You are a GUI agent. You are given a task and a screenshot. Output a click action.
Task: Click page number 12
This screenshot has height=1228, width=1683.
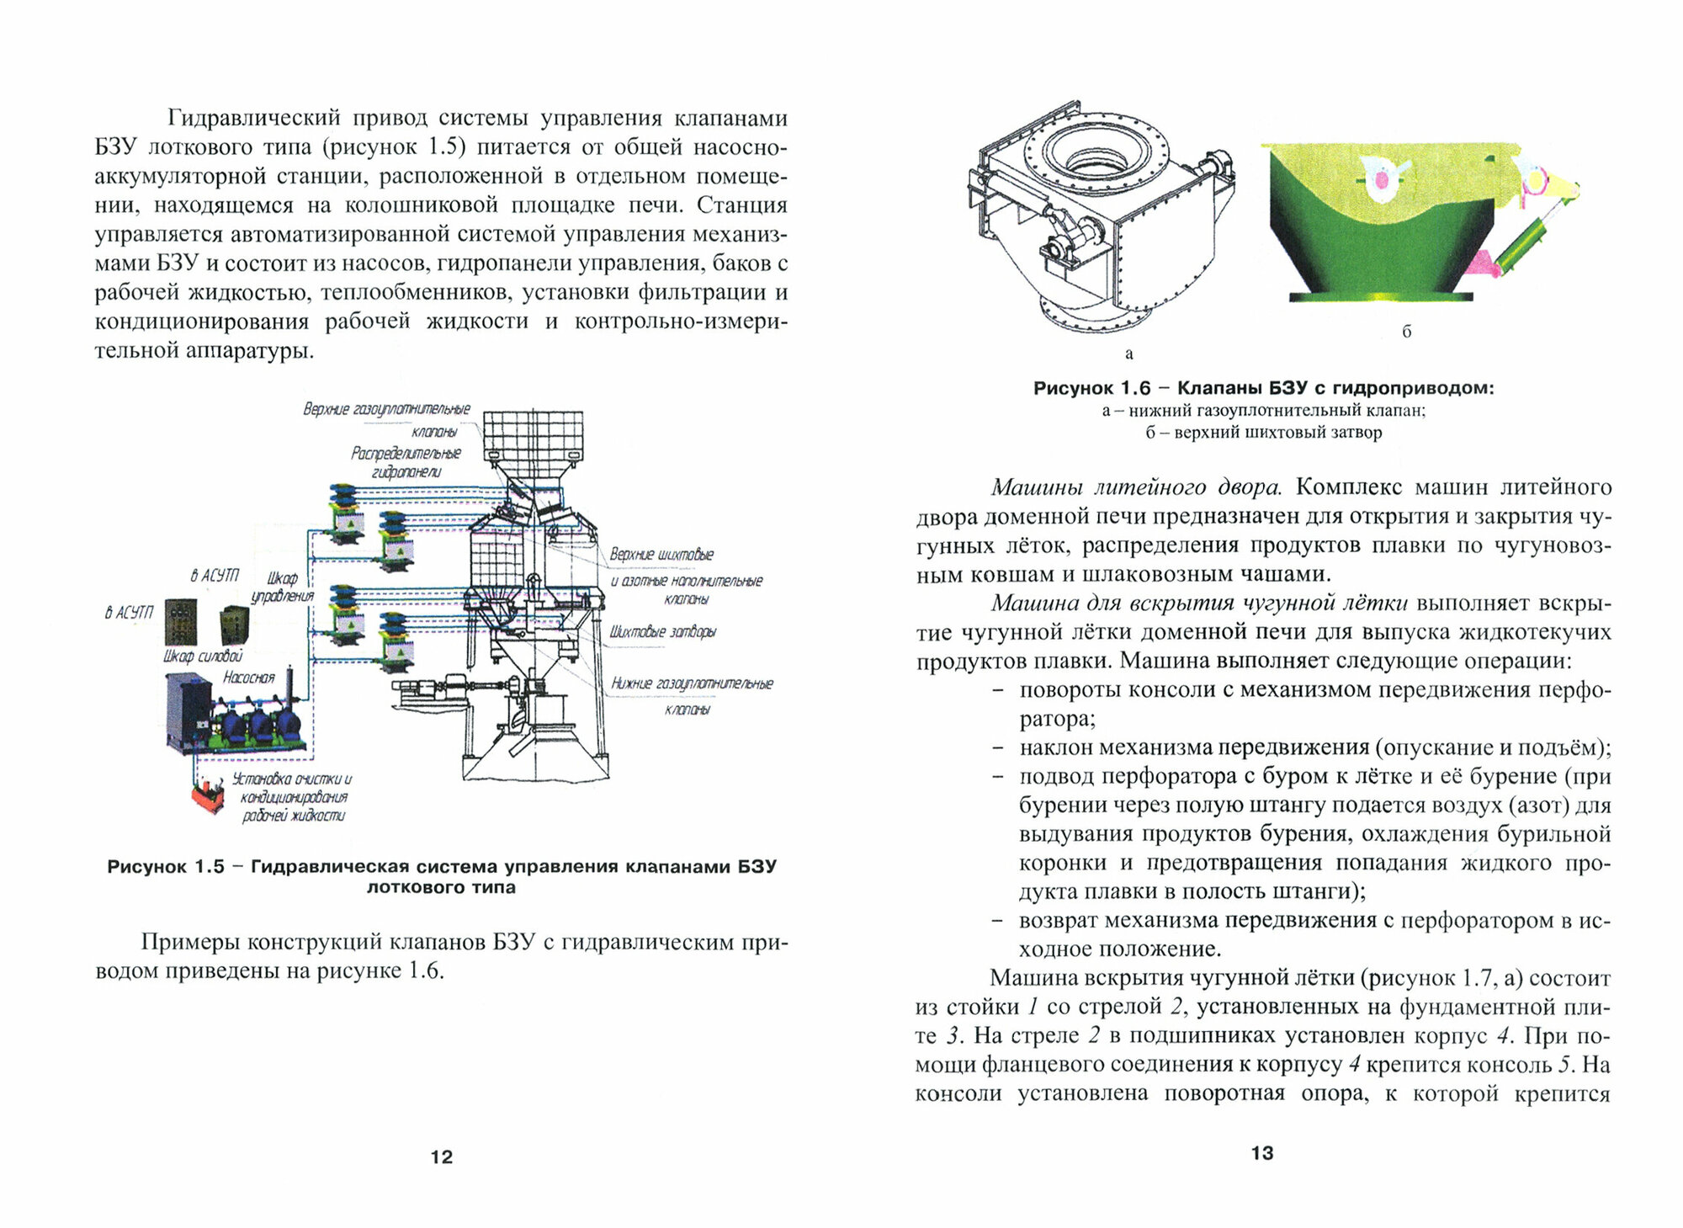point(441,1156)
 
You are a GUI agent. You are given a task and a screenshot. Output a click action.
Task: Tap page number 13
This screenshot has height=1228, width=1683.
point(1262,1153)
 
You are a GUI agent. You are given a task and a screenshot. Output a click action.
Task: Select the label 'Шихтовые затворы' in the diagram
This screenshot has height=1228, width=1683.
point(663,631)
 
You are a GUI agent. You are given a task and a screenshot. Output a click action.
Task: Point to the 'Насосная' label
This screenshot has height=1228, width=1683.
point(248,677)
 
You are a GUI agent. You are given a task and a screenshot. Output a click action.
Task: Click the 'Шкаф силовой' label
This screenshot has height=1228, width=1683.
point(202,657)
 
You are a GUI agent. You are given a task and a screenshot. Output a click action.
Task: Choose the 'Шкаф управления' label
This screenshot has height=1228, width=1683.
point(283,587)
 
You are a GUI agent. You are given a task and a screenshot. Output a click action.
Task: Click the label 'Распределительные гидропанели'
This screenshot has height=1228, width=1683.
point(406,462)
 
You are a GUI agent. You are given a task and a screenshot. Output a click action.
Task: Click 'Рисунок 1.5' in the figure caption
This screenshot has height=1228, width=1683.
point(166,867)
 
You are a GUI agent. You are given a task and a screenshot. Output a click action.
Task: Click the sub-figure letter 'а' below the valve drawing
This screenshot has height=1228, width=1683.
point(1129,354)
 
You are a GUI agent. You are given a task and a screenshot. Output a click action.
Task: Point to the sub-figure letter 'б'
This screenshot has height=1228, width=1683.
point(1407,332)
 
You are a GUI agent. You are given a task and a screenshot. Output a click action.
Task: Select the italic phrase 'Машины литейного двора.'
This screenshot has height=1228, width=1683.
point(1136,487)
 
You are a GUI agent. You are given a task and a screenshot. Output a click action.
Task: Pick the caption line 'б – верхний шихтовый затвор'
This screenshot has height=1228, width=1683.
point(1263,433)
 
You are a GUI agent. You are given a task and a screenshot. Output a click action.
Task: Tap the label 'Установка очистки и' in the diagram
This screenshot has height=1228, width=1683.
point(291,779)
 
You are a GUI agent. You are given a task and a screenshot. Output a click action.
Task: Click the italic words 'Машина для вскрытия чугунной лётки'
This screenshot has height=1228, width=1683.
point(1199,603)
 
